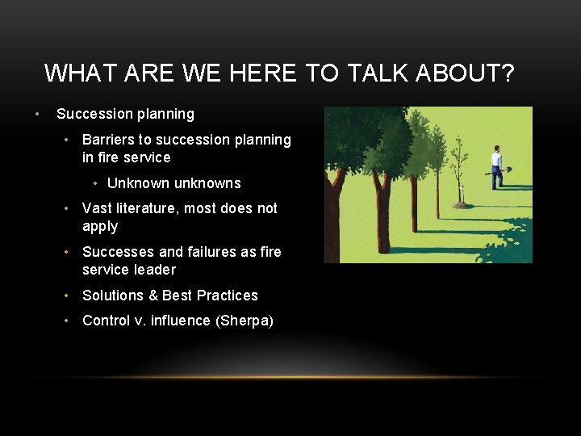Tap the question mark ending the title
click(506, 73)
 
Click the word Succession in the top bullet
click(91, 114)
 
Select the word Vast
click(98, 208)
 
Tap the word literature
click(147, 208)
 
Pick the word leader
click(153, 270)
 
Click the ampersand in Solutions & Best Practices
click(151, 296)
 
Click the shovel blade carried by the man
click(508, 169)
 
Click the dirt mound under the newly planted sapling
click(460, 205)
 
